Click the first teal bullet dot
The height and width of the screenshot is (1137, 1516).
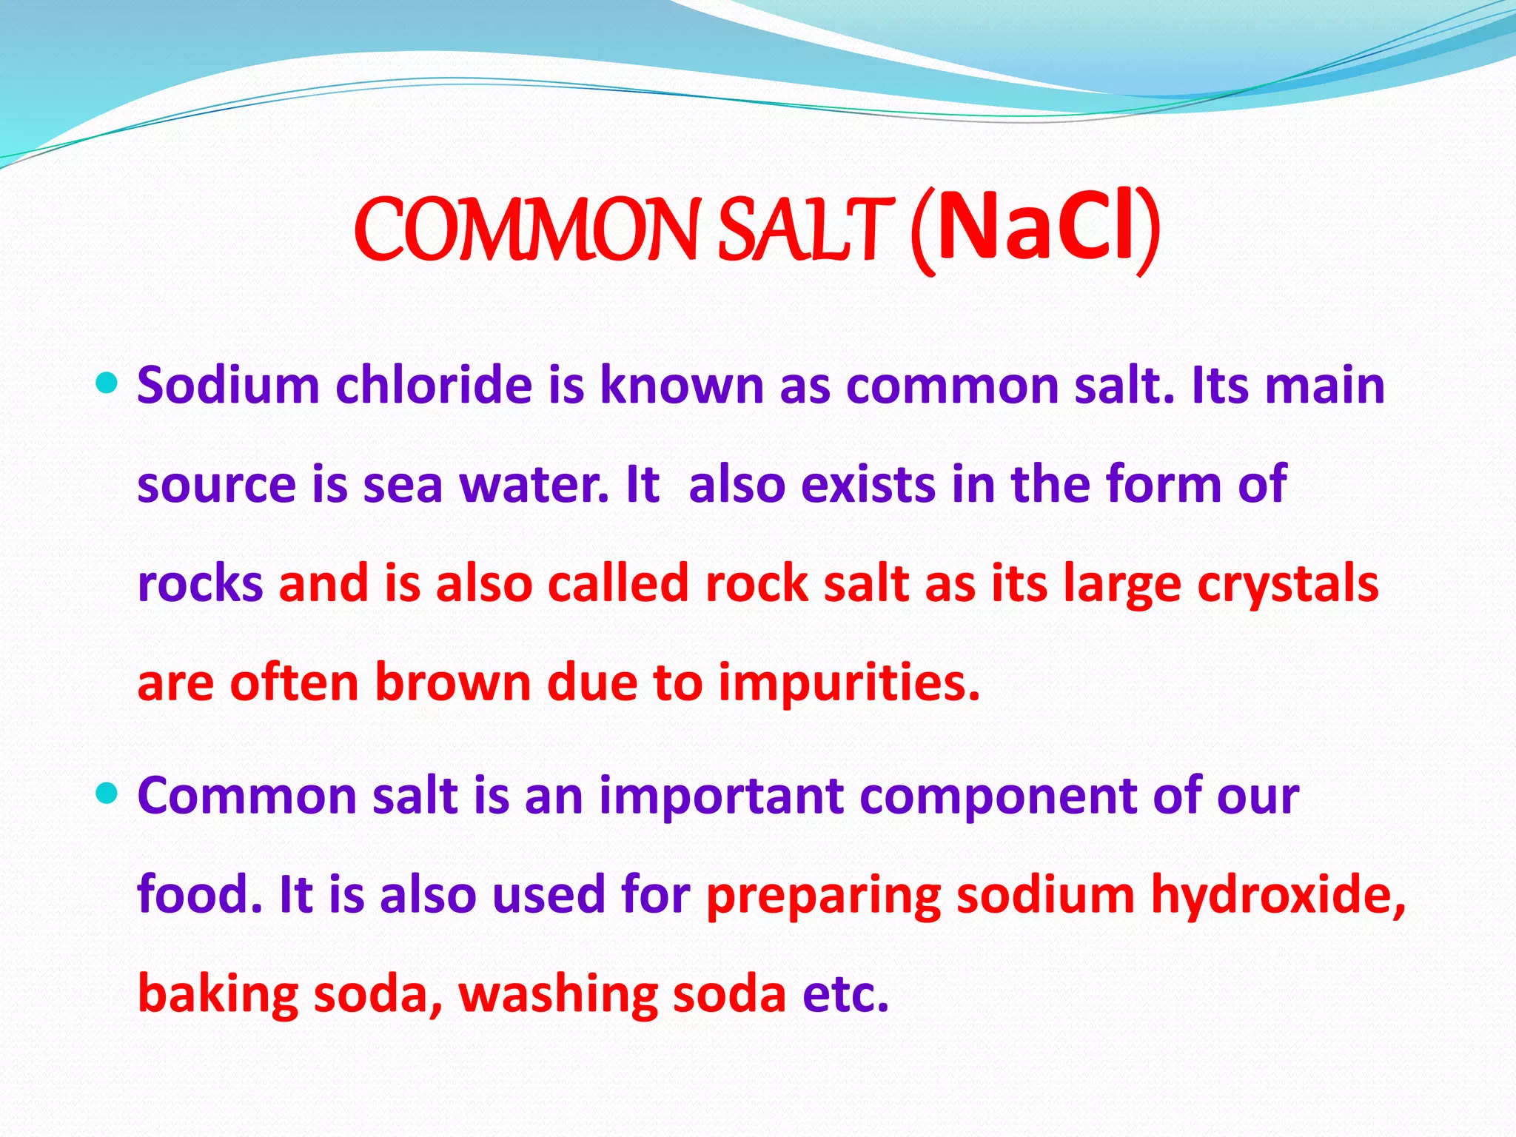click(107, 383)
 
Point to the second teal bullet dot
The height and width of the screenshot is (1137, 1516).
click(107, 794)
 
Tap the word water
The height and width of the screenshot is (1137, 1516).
click(534, 485)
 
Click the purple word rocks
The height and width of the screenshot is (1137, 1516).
click(201, 583)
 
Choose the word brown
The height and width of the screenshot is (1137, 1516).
click(453, 682)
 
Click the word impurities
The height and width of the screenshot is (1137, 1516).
click(849, 683)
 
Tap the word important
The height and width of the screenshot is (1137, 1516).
click(722, 796)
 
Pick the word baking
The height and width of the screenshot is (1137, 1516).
click(218, 994)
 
